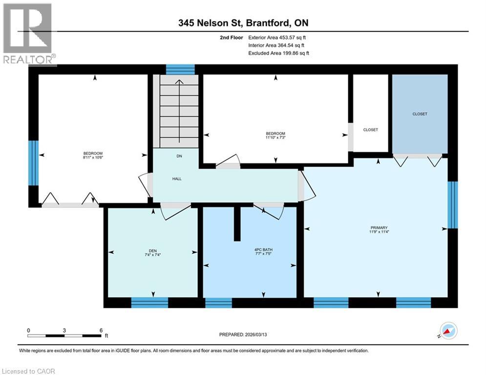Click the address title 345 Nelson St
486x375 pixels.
tap(242, 23)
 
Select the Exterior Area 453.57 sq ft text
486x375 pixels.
tap(277, 37)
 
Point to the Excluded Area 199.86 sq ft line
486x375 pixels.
tap(278, 53)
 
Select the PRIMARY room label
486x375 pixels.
tap(379, 228)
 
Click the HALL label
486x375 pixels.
tap(177, 179)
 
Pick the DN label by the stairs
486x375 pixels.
tap(179, 157)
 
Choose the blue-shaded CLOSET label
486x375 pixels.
tap(420, 114)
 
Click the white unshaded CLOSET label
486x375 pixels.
tap(371, 130)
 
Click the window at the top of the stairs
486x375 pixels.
tap(180, 69)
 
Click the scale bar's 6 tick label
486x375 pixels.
tap(101, 330)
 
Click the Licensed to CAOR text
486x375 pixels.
tap(29, 371)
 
